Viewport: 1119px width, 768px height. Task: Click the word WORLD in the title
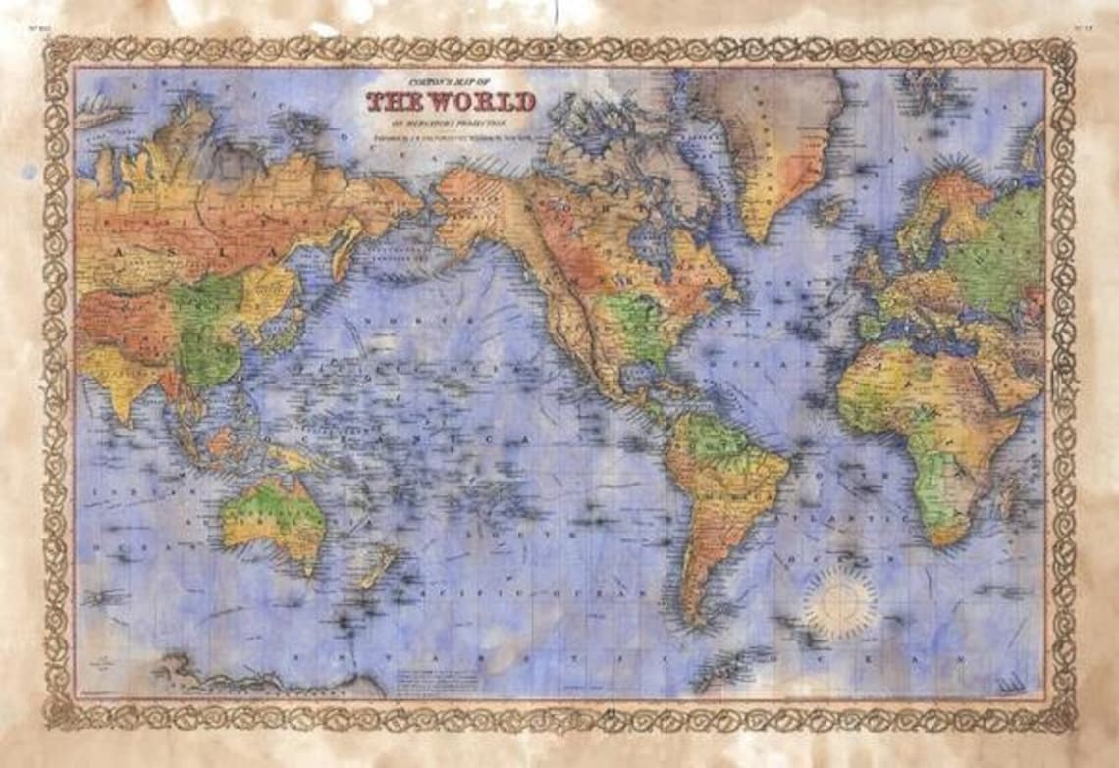(481, 102)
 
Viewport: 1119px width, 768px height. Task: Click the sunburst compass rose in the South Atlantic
(839, 600)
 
